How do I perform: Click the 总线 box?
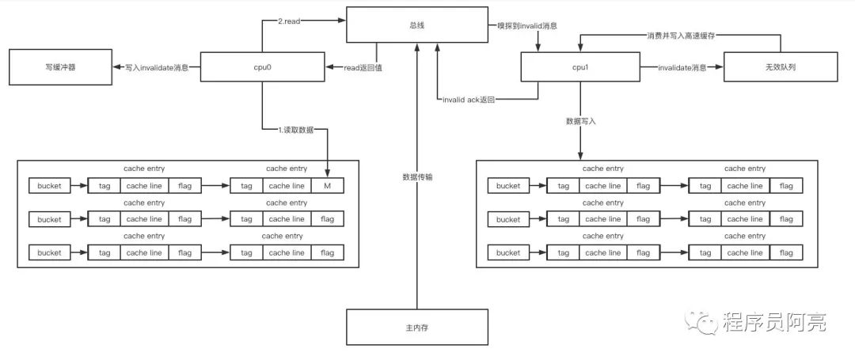(417, 25)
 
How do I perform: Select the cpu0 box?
(263, 67)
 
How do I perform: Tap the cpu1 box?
(579, 67)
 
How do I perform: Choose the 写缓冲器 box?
(60, 67)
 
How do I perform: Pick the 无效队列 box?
(781, 67)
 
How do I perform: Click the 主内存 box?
(417, 328)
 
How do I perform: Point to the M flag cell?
(327, 186)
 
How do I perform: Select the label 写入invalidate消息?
(157, 67)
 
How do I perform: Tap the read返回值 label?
(362, 67)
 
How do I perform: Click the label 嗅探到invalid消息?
(526, 25)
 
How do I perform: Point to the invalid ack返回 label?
(469, 100)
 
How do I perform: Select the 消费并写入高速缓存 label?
(680, 36)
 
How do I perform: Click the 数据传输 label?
(417, 177)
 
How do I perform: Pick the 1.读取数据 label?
(295, 130)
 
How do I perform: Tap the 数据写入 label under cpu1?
(581, 121)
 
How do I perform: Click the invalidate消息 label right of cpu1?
(682, 67)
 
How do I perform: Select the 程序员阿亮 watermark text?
(775, 323)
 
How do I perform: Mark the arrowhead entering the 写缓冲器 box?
(116, 67)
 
